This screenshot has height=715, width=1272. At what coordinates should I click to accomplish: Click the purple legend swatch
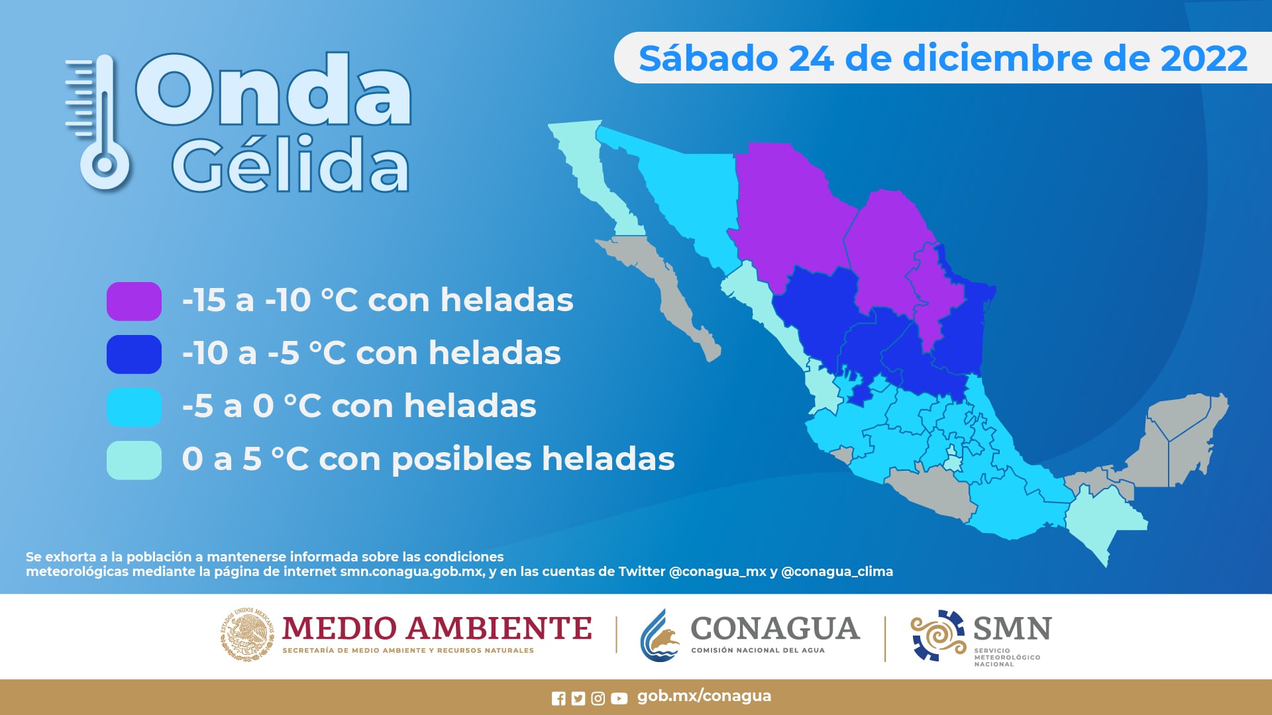pos(134,301)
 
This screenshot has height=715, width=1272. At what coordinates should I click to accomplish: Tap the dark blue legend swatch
pos(134,354)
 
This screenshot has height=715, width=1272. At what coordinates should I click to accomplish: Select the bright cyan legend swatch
pos(134,407)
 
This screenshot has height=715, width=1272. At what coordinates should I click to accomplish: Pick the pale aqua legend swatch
pos(134,460)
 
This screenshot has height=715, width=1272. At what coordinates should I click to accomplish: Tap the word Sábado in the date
pos(708,58)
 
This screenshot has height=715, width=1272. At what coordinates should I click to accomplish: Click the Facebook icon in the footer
pos(558,698)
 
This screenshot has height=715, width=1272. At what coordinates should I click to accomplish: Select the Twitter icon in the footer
pos(578,698)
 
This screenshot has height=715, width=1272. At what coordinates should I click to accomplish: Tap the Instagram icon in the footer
pos(598,698)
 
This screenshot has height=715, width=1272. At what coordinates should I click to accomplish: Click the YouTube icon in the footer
pos(619,698)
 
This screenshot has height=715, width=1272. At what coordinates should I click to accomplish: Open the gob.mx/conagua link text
pos(704,696)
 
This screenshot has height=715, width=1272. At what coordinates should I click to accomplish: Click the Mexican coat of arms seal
pos(246,634)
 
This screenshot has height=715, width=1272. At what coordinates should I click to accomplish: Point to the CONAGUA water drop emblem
pos(660,636)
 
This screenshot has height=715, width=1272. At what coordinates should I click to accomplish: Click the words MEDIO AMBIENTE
pos(437,628)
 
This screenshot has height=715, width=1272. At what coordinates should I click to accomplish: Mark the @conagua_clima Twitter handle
pos(837,571)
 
